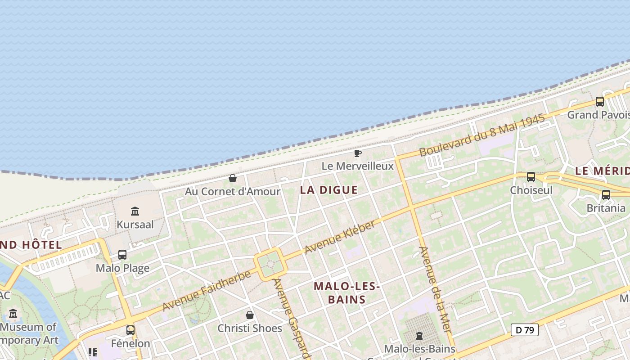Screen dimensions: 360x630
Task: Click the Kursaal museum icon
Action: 135,211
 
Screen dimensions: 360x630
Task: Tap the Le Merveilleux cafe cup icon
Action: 358,154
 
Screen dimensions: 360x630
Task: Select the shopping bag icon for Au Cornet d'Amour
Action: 233,179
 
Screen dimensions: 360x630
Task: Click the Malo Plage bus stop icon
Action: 122,255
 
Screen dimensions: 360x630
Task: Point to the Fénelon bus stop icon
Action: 130,330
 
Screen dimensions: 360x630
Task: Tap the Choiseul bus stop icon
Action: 531,177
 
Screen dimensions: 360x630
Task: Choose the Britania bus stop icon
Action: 606,195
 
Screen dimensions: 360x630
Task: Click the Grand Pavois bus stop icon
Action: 600,102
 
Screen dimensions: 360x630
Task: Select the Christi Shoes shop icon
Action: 250,315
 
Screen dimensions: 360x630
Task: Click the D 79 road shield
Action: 525,330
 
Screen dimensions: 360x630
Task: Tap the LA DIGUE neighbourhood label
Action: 329,190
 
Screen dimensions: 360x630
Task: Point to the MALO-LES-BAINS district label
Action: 347,292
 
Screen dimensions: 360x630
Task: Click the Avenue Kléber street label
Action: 340,237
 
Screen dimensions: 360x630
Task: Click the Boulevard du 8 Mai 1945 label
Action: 482,135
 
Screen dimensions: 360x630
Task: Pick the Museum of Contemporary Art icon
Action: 13,314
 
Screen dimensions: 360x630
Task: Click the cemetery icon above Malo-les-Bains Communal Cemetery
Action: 419,336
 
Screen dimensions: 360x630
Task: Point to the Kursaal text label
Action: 135,224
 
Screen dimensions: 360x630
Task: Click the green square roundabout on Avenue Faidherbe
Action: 270,265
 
